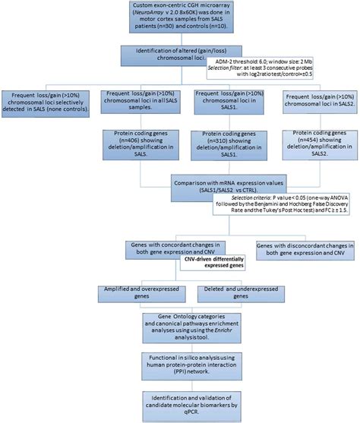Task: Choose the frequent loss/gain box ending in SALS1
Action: click(x=226, y=103)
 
